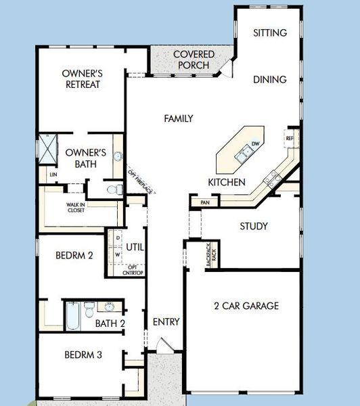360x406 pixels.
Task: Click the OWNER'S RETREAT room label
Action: click(81, 78)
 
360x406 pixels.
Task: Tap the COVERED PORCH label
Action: click(194, 60)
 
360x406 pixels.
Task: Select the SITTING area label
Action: click(270, 32)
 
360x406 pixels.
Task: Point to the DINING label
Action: click(270, 79)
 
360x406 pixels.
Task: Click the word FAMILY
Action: click(179, 118)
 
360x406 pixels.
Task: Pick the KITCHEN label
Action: click(227, 182)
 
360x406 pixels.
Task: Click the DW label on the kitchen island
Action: click(255, 144)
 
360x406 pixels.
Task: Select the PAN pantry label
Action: click(204, 202)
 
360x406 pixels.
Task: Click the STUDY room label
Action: click(254, 226)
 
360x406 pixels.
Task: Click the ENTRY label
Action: click(166, 322)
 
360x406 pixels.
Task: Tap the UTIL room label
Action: click(135, 247)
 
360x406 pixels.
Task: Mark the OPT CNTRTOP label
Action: click(134, 269)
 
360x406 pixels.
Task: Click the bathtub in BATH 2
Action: click(72, 315)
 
